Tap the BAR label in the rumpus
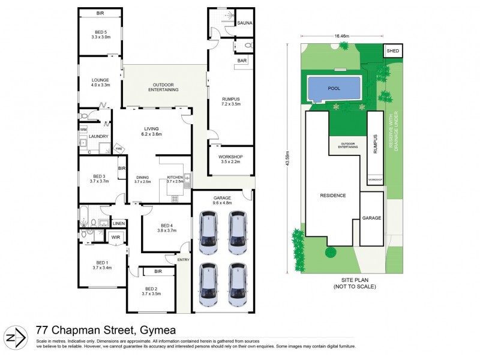click(x=243, y=61)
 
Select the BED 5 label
click(x=101, y=31)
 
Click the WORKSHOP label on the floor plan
click(x=231, y=157)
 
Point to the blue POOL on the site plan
click(x=334, y=89)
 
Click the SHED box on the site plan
click(x=392, y=52)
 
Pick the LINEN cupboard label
click(x=118, y=224)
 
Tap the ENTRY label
click(x=182, y=259)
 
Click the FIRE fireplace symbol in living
click(x=119, y=148)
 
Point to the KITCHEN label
click(x=175, y=177)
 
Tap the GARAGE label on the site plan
click(x=371, y=218)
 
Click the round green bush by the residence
click(x=330, y=252)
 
